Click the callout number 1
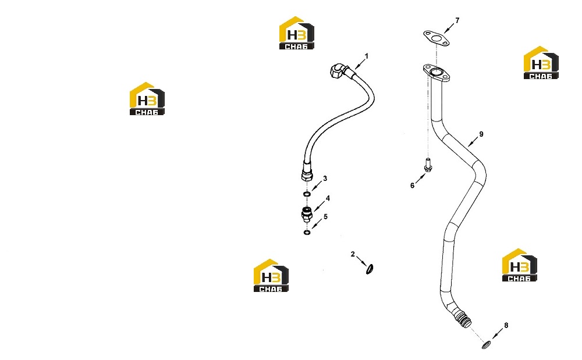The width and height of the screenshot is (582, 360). pyautogui.click(x=367, y=56)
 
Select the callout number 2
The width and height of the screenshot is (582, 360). pyautogui.click(x=353, y=254)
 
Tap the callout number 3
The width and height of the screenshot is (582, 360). pyautogui.click(x=325, y=179)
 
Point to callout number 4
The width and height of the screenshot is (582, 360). pyautogui.click(x=328, y=199)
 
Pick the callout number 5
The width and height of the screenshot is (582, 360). pyautogui.click(x=325, y=217)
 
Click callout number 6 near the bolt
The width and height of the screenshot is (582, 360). pyautogui.click(x=413, y=186)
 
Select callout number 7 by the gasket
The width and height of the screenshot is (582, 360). pyautogui.click(x=457, y=21)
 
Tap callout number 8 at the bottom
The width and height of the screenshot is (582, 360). pyautogui.click(x=506, y=326)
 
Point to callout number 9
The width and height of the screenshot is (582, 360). pyautogui.click(x=481, y=134)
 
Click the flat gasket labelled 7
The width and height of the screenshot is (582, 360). pyautogui.click(x=436, y=38)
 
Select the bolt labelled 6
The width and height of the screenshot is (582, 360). pyautogui.click(x=428, y=165)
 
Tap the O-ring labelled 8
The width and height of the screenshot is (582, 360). pyautogui.click(x=485, y=345)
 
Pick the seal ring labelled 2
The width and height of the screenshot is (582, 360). pyautogui.click(x=370, y=269)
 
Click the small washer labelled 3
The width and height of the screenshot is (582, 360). pyautogui.click(x=307, y=194)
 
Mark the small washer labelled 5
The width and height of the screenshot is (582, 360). pyautogui.click(x=307, y=233)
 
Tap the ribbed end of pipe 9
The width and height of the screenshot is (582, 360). pyautogui.click(x=464, y=319)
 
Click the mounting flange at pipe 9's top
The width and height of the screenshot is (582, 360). pyautogui.click(x=437, y=73)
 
